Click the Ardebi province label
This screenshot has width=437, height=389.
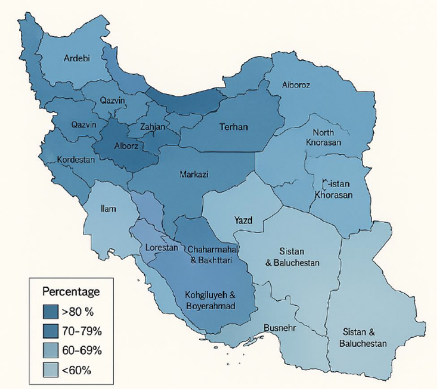coord(77,59)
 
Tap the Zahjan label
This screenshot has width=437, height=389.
coord(153,127)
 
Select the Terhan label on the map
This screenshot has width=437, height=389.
coord(233,127)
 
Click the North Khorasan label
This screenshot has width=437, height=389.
coord(323,136)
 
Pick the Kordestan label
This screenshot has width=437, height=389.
coord(76,160)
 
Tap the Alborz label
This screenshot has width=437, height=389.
coord(126,145)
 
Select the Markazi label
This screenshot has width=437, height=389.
coord(194,174)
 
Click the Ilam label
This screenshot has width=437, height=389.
coord(108,208)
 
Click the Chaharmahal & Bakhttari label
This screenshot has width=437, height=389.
coord(212,254)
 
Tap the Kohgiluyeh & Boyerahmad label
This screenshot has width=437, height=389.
coord(210,301)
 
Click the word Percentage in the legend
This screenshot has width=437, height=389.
coord(71,292)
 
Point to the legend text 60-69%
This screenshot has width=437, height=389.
coord(81,350)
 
